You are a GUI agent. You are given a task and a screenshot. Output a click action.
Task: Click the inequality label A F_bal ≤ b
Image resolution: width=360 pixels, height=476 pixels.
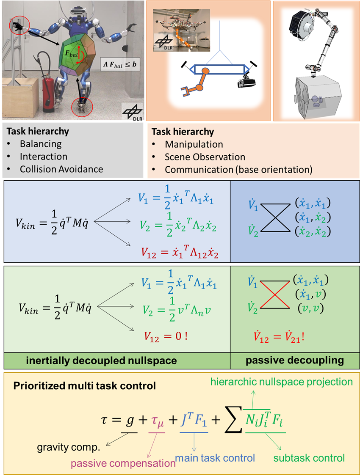coord(120,65)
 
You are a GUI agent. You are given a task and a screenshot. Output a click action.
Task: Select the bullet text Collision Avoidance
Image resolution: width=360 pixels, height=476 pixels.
coord(61,169)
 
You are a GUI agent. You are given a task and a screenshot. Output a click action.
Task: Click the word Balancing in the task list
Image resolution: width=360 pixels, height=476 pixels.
coord(41,144)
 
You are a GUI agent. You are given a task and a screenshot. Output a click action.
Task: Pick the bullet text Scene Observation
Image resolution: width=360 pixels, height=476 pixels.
coord(205,157)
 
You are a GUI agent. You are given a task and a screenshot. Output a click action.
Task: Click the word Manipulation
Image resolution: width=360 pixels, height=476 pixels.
coord(194,144)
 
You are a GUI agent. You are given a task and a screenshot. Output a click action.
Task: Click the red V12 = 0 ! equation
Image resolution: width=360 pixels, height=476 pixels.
coord(166,336)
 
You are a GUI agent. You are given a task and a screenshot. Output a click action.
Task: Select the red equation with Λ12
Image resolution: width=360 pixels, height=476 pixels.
coord(180,253)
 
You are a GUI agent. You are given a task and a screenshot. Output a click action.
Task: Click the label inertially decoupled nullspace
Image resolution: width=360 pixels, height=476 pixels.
coord(102,360)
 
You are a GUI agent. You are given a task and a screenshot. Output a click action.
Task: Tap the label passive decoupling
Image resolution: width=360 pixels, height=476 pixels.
coord(295,360)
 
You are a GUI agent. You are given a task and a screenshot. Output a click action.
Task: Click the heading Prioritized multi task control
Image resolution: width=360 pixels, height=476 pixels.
coord(84,386)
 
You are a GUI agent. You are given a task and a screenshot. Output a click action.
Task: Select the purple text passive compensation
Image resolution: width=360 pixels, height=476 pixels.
coord(123,463)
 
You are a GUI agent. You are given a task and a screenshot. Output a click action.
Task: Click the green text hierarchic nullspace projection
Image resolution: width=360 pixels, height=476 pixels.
coord(282,382)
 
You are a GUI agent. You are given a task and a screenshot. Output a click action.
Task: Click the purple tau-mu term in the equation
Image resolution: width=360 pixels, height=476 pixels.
coord(158,421)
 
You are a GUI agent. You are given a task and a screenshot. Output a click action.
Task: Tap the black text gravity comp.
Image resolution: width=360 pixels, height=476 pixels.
coord(68,448)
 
